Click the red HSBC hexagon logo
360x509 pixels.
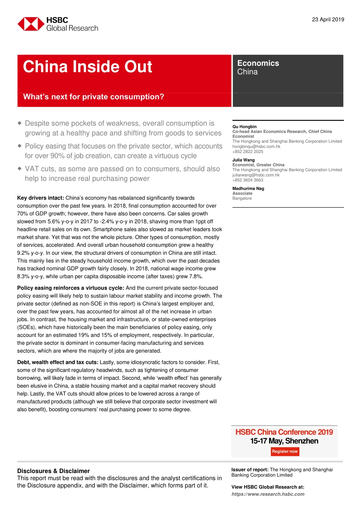(x=31, y=24)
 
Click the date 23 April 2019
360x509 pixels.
(x=328, y=20)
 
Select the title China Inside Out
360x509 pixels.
(x=88, y=67)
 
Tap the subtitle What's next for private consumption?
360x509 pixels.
(x=94, y=97)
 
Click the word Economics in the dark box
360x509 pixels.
(x=258, y=63)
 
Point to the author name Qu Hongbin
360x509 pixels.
(x=244, y=126)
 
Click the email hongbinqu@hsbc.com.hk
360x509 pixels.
(x=256, y=147)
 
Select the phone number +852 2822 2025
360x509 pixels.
(x=247, y=151)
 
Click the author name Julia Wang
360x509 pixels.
(x=243, y=160)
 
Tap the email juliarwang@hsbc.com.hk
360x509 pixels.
(x=256, y=175)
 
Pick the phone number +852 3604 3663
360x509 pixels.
(x=247, y=180)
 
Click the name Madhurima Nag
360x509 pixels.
(x=248, y=188)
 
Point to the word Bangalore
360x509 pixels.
(x=242, y=198)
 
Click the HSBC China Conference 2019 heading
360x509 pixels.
(x=284, y=432)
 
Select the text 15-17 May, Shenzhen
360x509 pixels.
(x=284, y=441)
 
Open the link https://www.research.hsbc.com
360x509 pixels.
(x=268, y=494)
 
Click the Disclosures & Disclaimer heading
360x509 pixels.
(x=53, y=471)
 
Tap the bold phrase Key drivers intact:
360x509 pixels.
(x=41, y=198)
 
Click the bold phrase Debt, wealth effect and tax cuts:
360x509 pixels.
(x=58, y=362)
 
